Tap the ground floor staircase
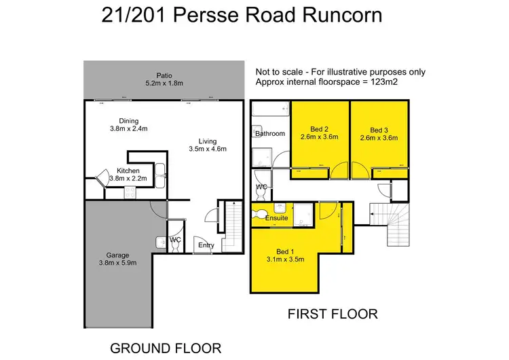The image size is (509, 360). tap(232, 228)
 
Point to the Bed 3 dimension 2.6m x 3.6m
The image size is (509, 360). tap(379, 137)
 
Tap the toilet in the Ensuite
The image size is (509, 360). tap(257, 215)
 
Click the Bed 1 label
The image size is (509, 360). tap(286, 251)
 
